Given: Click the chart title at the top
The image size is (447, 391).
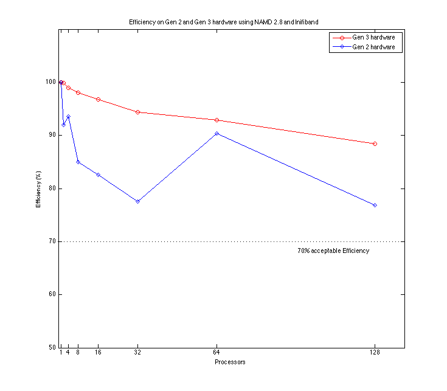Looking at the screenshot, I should (223, 22).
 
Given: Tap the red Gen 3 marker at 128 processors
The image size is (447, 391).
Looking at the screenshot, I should (375, 144).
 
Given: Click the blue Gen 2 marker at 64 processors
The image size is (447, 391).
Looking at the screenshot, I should (217, 133).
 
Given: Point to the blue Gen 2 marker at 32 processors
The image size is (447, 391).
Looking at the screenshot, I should (137, 201).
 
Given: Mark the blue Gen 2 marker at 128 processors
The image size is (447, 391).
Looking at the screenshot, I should (375, 206).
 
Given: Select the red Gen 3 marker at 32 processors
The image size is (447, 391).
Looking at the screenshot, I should (137, 112).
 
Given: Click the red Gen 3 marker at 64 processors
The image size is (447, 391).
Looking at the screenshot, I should (217, 120).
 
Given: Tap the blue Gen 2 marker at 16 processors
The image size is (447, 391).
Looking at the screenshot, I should (98, 175).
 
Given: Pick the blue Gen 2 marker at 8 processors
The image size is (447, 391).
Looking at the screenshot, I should (78, 162).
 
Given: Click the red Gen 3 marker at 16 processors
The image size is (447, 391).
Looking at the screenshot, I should (98, 99).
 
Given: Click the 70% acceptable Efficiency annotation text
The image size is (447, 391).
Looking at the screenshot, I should (333, 251).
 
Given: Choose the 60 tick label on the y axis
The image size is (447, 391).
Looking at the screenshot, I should (50, 295).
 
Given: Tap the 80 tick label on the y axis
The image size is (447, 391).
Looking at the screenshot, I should (50, 189).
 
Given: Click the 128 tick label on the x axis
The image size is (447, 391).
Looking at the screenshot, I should (375, 352).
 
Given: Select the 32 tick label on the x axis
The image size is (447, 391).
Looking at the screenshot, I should (137, 352).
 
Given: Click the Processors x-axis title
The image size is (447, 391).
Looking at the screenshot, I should (230, 362).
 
